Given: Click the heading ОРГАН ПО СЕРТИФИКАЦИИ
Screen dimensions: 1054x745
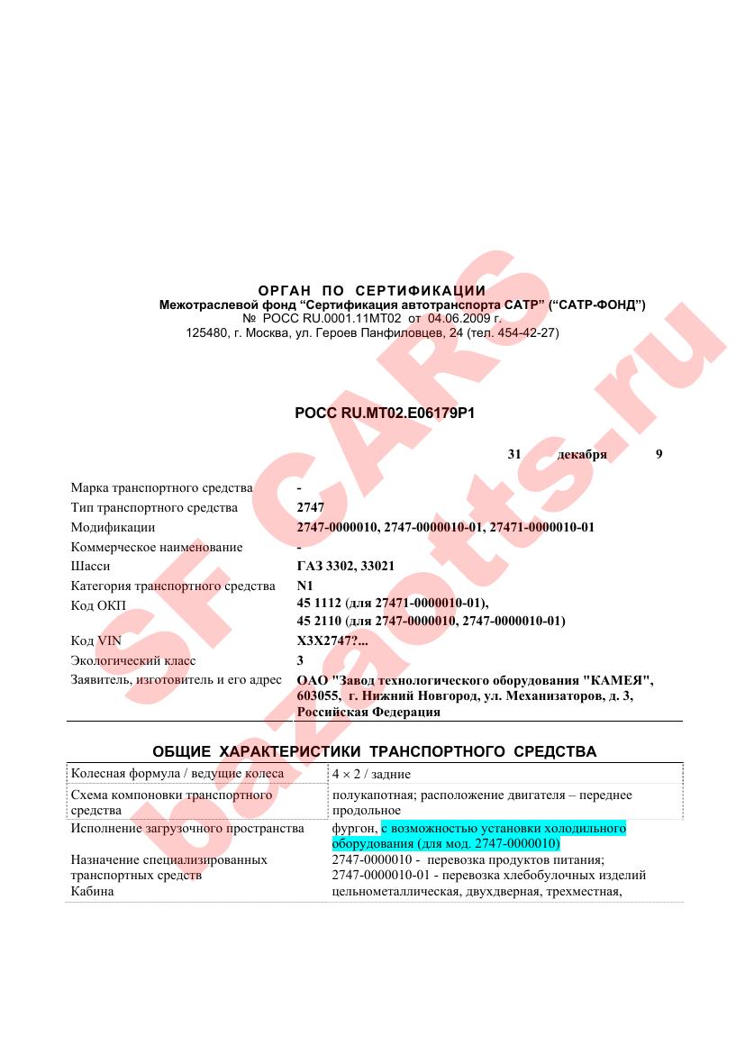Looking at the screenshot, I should pyautogui.click(x=372, y=291).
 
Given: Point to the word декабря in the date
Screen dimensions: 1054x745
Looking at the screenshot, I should pyautogui.click(x=582, y=455).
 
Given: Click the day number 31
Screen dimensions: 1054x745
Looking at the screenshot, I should pyautogui.click(x=514, y=455).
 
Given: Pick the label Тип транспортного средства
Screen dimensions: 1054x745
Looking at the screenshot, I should pyautogui.click(x=154, y=508).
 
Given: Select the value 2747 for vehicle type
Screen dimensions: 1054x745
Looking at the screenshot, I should pyautogui.click(x=310, y=508).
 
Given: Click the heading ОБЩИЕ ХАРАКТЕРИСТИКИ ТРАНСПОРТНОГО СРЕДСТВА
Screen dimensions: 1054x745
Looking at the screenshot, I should pyautogui.click(x=374, y=751).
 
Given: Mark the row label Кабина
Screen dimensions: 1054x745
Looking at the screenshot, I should pyautogui.click(x=95, y=892).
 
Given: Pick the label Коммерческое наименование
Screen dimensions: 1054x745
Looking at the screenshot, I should pyautogui.click(x=157, y=547).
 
